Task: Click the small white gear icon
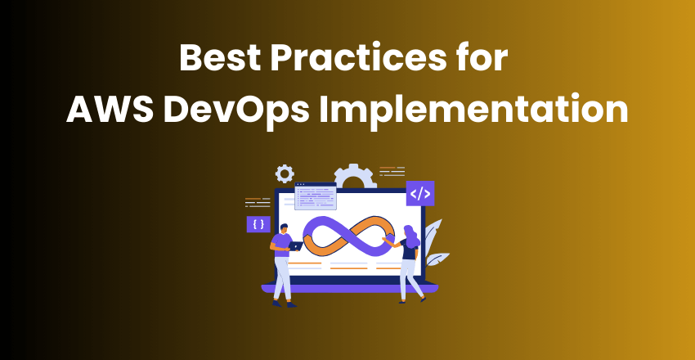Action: [x=285, y=173]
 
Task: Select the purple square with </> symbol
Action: [x=419, y=194]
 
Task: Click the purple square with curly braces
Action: [x=258, y=223]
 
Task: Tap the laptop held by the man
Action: [x=296, y=245]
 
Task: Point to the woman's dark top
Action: [x=408, y=250]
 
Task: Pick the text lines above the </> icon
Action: [x=392, y=172]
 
